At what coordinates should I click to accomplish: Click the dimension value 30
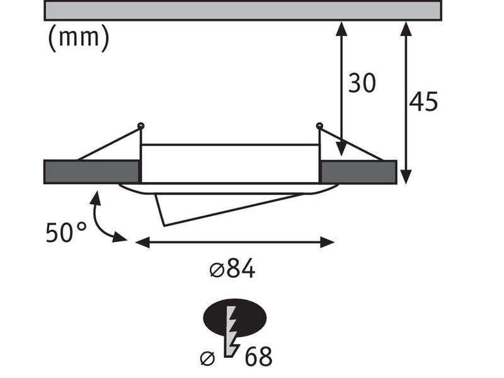click(362, 83)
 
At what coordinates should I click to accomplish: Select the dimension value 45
click(423, 101)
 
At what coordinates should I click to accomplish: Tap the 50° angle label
click(66, 233)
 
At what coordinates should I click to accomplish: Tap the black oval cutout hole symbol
click(234, 318)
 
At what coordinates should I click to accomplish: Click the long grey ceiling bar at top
click(243, 11)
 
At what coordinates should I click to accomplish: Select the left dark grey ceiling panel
click(91, 172)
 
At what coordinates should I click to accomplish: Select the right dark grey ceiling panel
click(358, 172)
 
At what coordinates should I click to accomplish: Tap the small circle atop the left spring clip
click(140, 125)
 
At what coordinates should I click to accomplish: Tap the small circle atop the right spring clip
click(319, 125)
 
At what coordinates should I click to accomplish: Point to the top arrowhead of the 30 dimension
click(341, 28)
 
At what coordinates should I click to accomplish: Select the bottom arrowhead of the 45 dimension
click(406, 177)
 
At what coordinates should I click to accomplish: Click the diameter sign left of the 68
click(207, 358)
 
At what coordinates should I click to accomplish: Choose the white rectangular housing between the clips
click(230, 163)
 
